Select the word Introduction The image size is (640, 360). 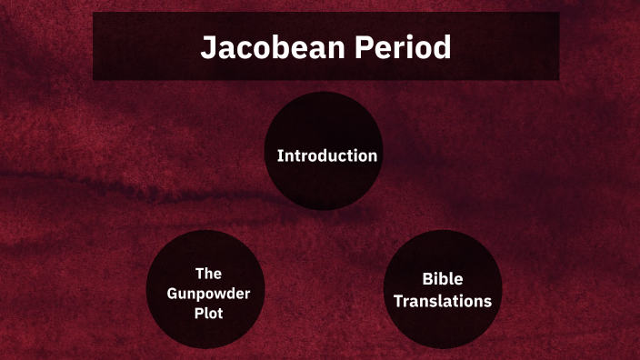[x=327, y=155]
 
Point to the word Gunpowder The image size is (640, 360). [x=208, y=293]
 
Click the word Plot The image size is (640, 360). [x=208, y=313]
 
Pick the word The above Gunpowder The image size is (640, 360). [x=208, y=273]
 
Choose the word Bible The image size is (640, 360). [x=442, y=280]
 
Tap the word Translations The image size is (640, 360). [x=442, y=301]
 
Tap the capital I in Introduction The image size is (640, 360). [x=279, y=155]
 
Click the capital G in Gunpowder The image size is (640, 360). [x=172, y=293]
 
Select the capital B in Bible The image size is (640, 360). [x=427, y=280]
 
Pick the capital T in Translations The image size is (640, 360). [x=398, y=301]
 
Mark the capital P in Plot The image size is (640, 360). [x=197, y=313]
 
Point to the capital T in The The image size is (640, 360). [x=199, y=273]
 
